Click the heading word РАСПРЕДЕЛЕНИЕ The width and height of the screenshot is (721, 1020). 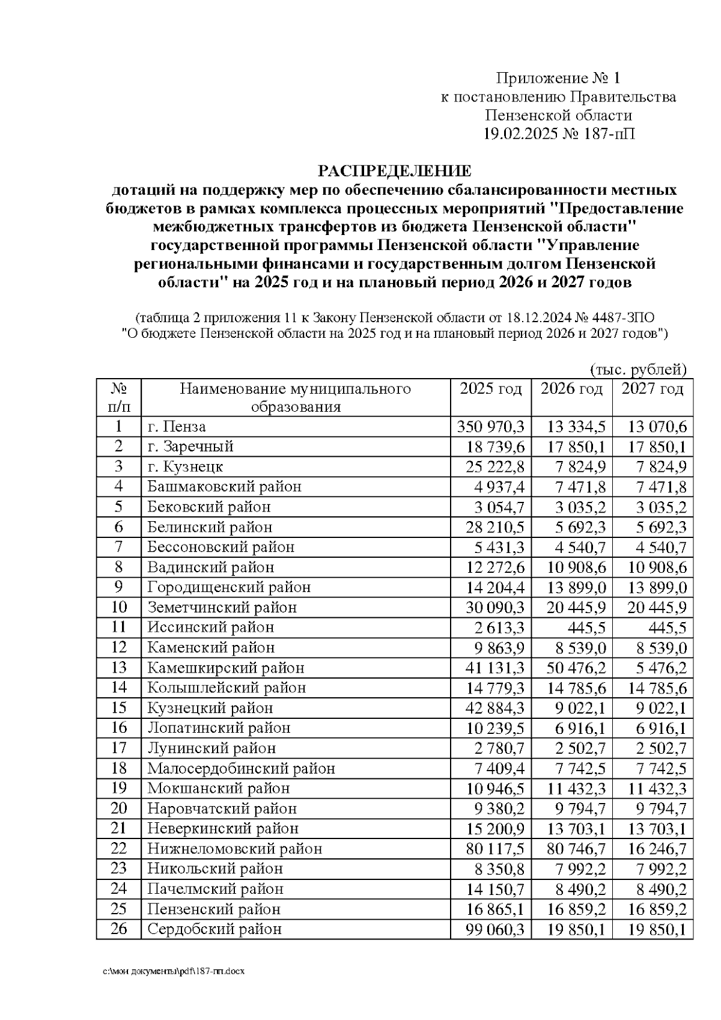point(394,171)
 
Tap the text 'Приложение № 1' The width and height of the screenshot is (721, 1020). point(557,78)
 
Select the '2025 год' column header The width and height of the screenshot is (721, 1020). point(490,389)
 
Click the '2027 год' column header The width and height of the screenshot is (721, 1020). point(652,389)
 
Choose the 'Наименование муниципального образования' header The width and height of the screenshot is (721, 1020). point(296,397)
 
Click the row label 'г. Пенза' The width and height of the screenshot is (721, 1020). point(177,427)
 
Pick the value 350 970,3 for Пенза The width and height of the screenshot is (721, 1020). point(490,427)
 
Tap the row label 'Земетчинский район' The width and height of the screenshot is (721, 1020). point(222,607)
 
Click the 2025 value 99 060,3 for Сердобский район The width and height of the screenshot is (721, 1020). point(495,929)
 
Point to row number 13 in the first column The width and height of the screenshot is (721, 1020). point(119,667)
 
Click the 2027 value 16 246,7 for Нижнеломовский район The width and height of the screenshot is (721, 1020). point(657,849)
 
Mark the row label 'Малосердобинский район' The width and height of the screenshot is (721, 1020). point(241,768)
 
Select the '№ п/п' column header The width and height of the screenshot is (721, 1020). point(118,397)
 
